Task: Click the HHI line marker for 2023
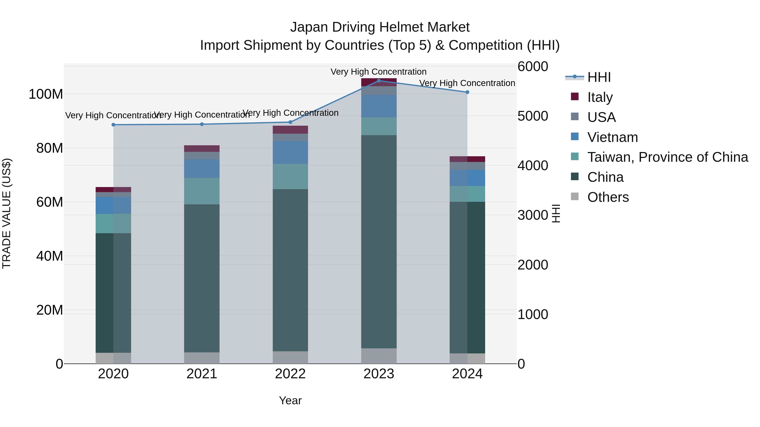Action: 379,81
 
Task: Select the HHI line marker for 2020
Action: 113,125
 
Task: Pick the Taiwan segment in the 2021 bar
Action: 202,191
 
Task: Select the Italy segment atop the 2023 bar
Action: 379,82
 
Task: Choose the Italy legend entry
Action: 600,97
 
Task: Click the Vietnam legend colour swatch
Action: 575,136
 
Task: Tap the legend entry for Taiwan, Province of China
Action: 667,157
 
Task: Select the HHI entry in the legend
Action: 599,77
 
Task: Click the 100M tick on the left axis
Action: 46,94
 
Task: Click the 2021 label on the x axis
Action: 202,374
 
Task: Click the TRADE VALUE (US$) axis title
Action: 7,213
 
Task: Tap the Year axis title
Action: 290,400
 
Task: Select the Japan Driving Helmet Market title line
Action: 380,27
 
